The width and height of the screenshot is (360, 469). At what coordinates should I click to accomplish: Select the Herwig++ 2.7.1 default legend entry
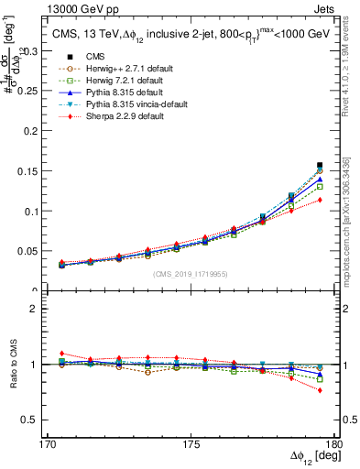click(x=119, y=69)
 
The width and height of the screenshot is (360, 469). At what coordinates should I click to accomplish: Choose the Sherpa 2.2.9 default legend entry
click(x=115, y=118)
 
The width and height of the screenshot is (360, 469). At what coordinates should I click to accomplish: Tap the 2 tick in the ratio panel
click(x=40, y=310)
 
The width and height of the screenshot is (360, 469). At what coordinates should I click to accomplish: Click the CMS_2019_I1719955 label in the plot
click(x=190, y=274)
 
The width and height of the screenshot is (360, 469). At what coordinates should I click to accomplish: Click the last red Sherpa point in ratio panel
click(x=320, y=390)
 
